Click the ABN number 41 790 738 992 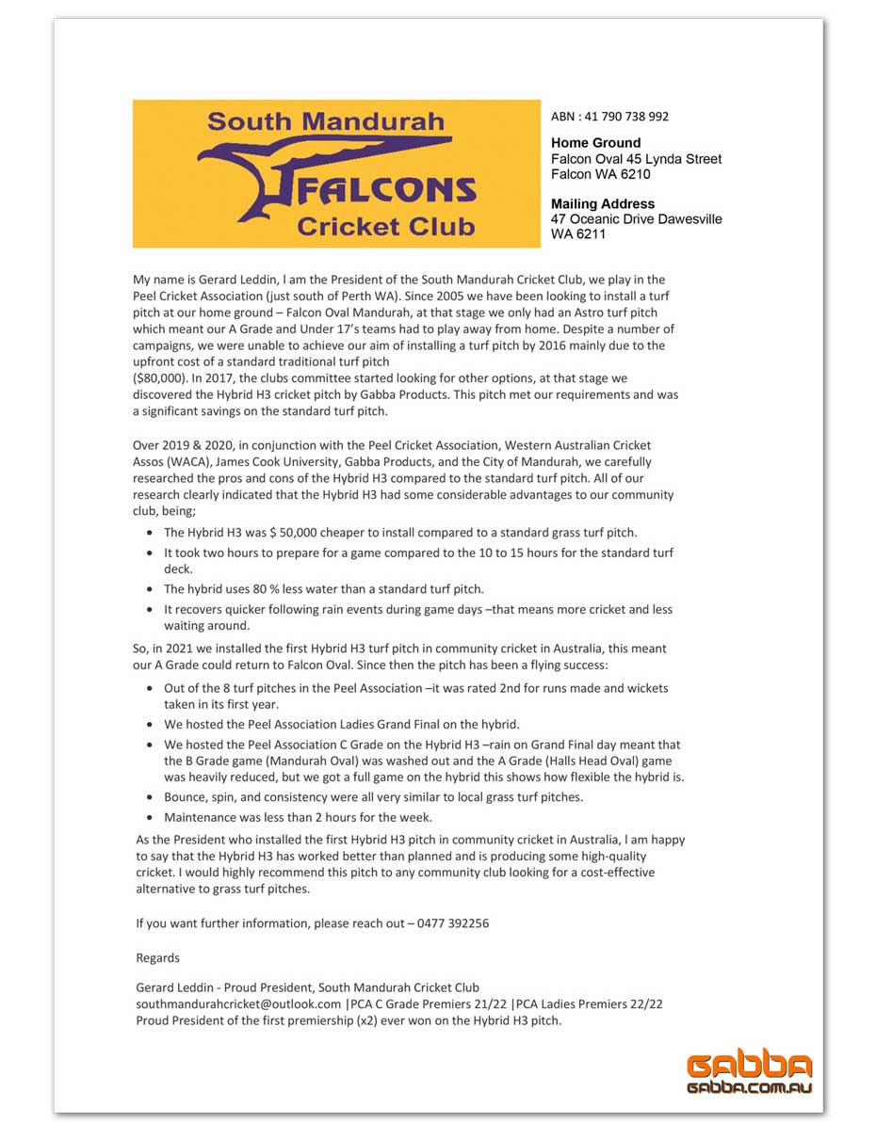click(625, 117)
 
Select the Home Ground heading click(595, 143)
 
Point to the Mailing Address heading click(603, 203)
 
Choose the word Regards click(158, 958)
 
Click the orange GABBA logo click(749, 1066)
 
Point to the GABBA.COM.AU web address click(749, 1087)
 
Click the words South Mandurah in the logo click(326, 121)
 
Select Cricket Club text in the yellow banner click(385, 227)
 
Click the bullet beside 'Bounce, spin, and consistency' click(152, 798)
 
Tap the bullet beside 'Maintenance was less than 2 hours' click(152, 818)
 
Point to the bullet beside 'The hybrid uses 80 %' click(152, 589)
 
